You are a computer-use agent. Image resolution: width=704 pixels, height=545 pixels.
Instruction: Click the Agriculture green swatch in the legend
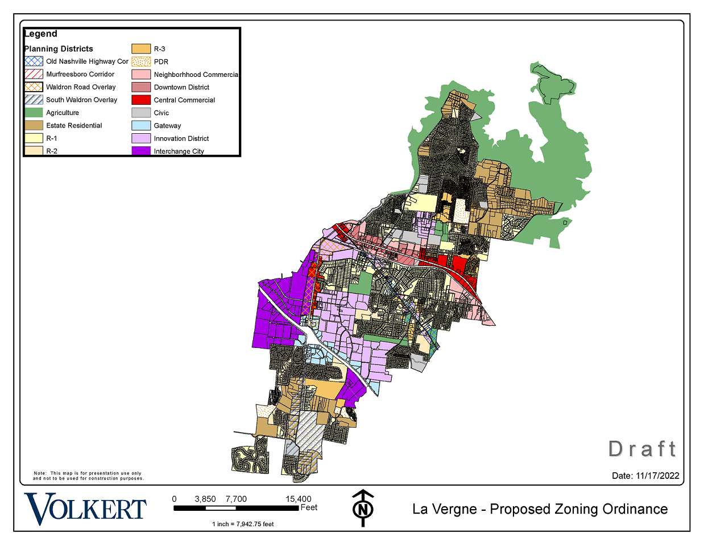click(34, 113)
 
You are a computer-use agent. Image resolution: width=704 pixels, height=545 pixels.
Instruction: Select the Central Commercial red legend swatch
click(141, 100)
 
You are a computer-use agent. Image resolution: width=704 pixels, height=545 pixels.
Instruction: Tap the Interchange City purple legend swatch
click(141, 151)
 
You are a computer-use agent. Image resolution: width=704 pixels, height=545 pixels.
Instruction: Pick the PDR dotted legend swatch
click(141, 62)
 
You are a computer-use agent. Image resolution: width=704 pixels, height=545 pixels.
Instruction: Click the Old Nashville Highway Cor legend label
click(87, 62)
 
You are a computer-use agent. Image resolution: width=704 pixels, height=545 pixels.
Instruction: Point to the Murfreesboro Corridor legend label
click(80, 74)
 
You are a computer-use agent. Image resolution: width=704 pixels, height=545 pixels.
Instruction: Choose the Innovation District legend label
click(181, 138)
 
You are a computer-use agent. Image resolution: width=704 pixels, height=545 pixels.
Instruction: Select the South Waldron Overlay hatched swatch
click(34, 100)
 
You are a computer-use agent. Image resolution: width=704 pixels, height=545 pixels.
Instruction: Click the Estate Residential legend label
click(74, 125)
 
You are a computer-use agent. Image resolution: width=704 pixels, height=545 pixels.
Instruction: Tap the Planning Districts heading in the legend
click(59, 49)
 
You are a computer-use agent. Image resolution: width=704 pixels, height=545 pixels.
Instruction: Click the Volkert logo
click(85, 508)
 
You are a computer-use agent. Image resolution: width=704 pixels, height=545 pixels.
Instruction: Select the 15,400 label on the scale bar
click(299, 499)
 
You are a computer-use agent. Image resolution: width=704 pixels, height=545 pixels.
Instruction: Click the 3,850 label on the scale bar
click(205, 499)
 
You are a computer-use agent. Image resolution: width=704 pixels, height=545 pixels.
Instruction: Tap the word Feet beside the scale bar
click(309, 507)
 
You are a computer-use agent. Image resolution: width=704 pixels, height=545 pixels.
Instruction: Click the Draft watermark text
click(643, 449)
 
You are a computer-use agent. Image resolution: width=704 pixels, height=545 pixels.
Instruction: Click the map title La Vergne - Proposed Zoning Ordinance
click(540, 509)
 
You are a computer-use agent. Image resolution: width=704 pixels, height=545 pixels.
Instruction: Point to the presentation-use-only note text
click(88, 476)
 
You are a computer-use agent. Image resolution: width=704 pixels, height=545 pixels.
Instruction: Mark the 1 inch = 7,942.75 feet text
click(243, 524)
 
